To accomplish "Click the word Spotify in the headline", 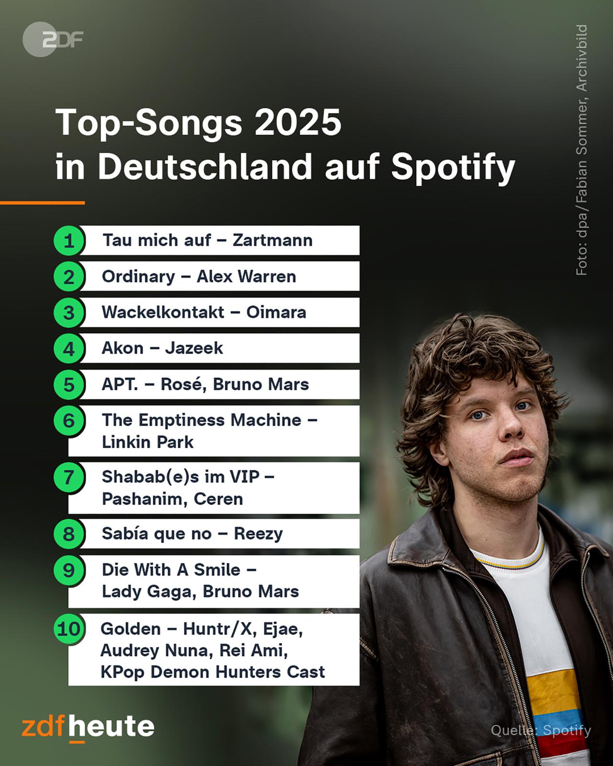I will click(453, 168).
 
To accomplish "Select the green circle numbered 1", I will click(69, 240).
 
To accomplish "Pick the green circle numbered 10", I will click(69, 629).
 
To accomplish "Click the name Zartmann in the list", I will click(272, 240).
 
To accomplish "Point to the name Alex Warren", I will click(246, 277).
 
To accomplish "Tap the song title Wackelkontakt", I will click(163, 313).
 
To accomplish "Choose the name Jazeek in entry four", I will click(194, 348).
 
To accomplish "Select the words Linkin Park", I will click(148, 442).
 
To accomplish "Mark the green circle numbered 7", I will click(69, 477).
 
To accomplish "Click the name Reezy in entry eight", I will click(258, 534).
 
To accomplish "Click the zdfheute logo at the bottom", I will click(88, 728).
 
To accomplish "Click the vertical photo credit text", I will click(581, 150).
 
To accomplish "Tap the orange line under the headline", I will click(42, 203).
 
